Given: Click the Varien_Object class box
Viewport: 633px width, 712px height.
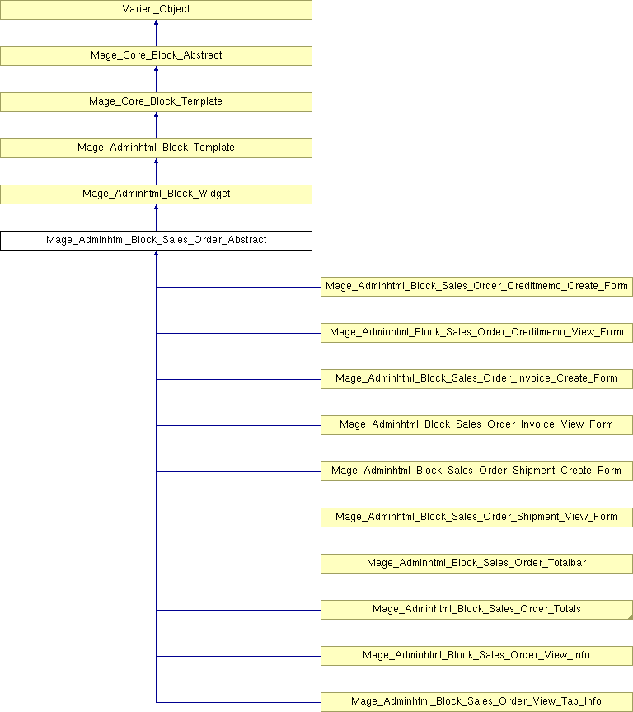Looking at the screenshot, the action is click(157, 10).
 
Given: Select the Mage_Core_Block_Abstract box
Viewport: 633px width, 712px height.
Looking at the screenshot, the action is click(157, 56).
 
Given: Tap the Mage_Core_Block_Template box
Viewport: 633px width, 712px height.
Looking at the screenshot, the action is click(157, 102).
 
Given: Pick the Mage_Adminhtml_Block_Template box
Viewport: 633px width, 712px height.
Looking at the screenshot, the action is click(157, 148).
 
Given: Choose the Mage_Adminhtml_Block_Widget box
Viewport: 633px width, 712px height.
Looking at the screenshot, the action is click(157, 194).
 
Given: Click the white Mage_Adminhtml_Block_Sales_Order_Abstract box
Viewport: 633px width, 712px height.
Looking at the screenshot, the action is click(157, 240).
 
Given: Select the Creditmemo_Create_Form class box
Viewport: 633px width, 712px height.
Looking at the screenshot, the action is click(476, 287).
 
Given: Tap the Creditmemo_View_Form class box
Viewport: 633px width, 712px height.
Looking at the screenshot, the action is click(476, 333).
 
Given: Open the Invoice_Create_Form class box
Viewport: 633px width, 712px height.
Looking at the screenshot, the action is click(476, 379).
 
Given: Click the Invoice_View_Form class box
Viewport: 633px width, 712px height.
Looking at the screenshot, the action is click(476, 425).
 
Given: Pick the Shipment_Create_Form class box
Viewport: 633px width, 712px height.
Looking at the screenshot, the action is click(476, 471).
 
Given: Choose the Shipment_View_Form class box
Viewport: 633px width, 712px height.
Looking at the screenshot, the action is click(476, 518).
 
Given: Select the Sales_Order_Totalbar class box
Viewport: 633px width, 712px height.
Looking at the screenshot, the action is click(476, 564).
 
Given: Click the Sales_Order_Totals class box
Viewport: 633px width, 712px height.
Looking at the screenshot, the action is click(476, 610).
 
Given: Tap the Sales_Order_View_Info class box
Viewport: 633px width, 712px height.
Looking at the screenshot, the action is click(476, 656).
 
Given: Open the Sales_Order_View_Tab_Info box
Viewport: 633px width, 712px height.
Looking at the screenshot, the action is click(476, 702).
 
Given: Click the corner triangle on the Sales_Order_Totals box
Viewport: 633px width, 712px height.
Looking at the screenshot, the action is click(631, 617).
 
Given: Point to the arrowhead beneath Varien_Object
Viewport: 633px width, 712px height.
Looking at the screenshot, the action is click(157, 22).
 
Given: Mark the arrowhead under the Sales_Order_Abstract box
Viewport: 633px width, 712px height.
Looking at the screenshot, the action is click(157, 253).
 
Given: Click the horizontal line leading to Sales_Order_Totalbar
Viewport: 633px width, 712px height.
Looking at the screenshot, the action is click(238, 564).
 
